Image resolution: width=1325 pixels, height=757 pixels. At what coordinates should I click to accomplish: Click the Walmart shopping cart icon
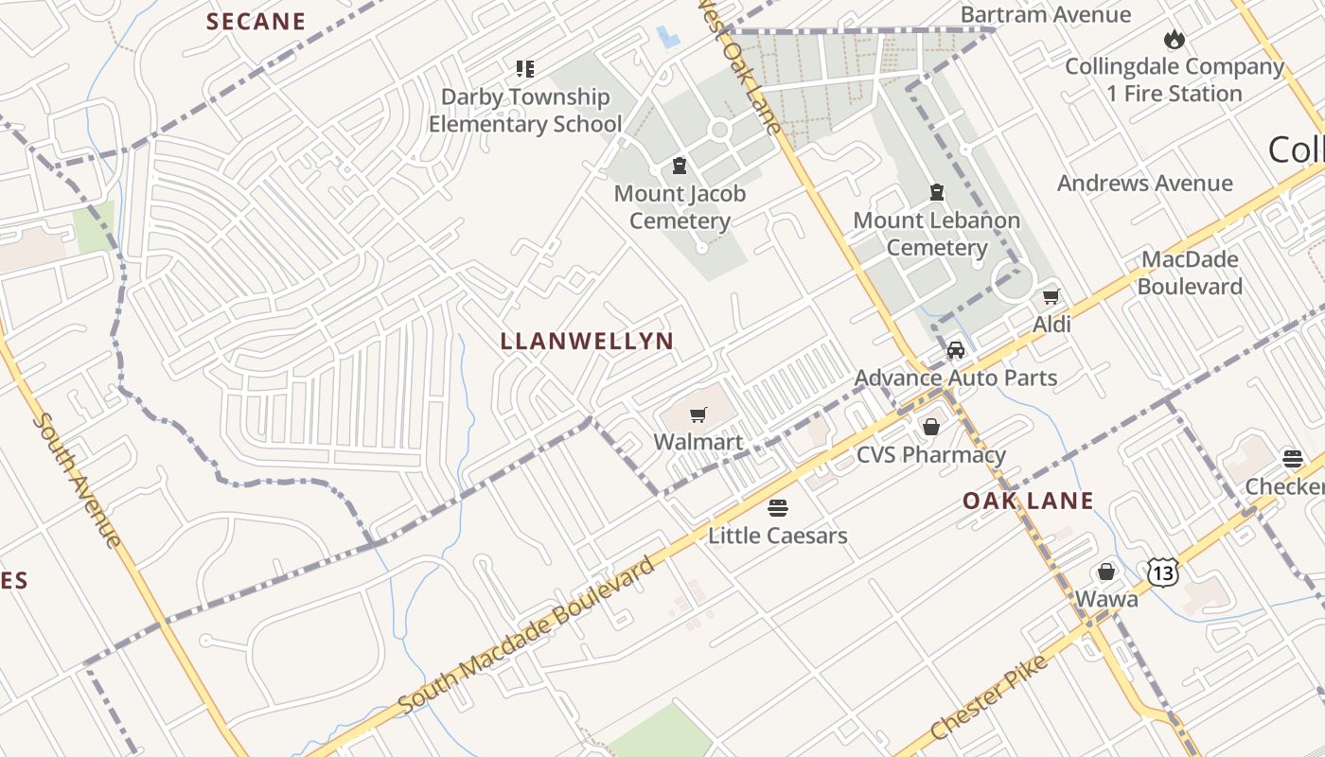698,414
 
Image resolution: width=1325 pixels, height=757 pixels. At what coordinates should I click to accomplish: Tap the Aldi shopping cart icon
1051,297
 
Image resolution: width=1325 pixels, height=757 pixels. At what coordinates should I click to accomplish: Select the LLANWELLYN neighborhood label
587,342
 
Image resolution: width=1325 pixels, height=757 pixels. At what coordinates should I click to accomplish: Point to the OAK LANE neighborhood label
1028,502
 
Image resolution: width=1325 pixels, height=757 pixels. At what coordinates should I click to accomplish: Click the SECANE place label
256,22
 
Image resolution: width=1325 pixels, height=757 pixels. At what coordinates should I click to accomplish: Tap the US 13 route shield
1163,572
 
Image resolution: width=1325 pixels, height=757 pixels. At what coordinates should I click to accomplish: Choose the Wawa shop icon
1105,572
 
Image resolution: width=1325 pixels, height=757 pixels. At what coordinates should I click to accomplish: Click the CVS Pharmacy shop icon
931,427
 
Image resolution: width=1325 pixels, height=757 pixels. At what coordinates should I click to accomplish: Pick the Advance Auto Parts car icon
956,350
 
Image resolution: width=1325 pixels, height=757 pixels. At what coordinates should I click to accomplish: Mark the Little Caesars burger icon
777,508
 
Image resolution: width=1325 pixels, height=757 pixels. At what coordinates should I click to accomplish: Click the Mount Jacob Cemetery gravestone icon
679,167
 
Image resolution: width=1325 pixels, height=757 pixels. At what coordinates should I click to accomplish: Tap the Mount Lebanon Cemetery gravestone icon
937,193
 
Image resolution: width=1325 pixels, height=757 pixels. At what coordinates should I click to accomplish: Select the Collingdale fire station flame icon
1175,40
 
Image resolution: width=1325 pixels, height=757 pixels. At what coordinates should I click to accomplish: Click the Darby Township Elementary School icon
525,68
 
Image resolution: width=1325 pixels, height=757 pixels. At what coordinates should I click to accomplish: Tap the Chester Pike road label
989,696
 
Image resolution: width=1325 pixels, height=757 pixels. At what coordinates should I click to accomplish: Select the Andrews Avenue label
1145,184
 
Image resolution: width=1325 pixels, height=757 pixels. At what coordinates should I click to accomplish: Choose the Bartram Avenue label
1046,14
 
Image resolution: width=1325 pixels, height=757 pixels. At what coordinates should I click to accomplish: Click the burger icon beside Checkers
1293,459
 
